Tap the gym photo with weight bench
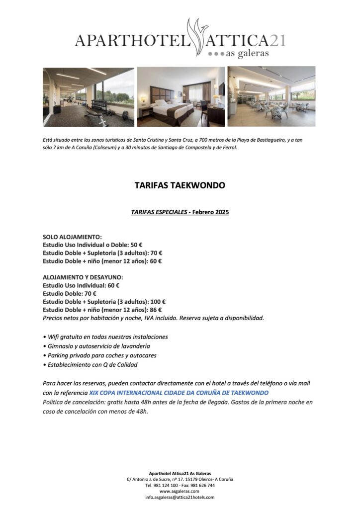89,97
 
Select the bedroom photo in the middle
180,97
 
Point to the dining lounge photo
271,97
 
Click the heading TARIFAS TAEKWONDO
180,185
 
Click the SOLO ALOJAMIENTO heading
72,237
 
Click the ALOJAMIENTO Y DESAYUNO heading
83,277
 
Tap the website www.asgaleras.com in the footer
180,491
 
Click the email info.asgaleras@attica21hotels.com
180,497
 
